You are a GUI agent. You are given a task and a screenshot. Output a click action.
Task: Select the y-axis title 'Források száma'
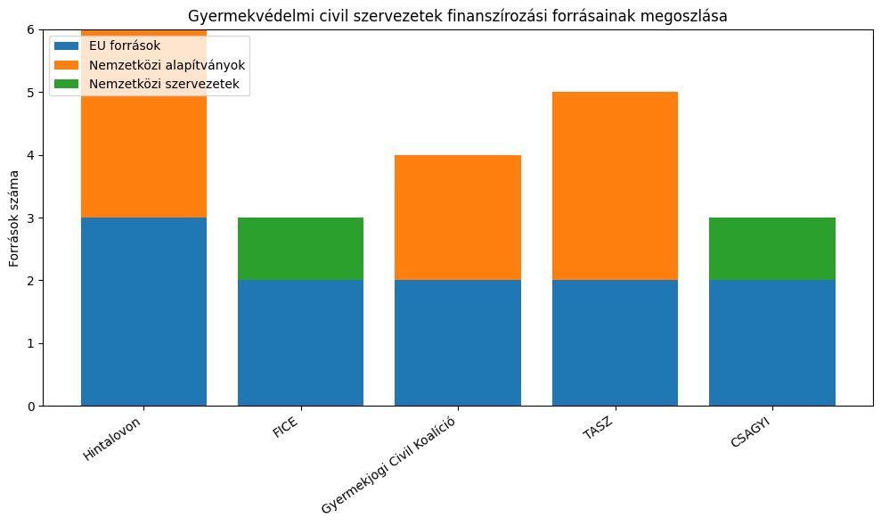click(x=14, y=218)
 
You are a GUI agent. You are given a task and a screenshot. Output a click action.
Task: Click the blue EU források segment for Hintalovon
click(x=143, y=311)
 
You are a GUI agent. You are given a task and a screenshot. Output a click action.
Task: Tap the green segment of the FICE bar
click(x=300, y=249)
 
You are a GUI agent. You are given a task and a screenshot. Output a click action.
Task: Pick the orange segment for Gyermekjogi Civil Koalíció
click(x=457, y=218)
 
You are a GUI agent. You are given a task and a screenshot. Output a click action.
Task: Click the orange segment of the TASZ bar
click(x=615, y=185)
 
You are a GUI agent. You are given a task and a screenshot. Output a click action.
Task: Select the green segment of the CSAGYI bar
click(x=771, y=249)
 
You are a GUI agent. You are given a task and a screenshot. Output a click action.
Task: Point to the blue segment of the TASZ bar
click(x=615, y=343)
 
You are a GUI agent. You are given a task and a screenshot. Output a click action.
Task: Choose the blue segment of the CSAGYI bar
click(x=771, y=343)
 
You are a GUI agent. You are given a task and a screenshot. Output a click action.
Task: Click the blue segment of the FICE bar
click(x=300, y=343)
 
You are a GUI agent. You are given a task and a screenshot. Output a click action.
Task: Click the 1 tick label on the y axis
click(x=33, y=343)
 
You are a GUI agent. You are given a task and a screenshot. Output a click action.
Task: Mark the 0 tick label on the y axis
click(x=33, y=407)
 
